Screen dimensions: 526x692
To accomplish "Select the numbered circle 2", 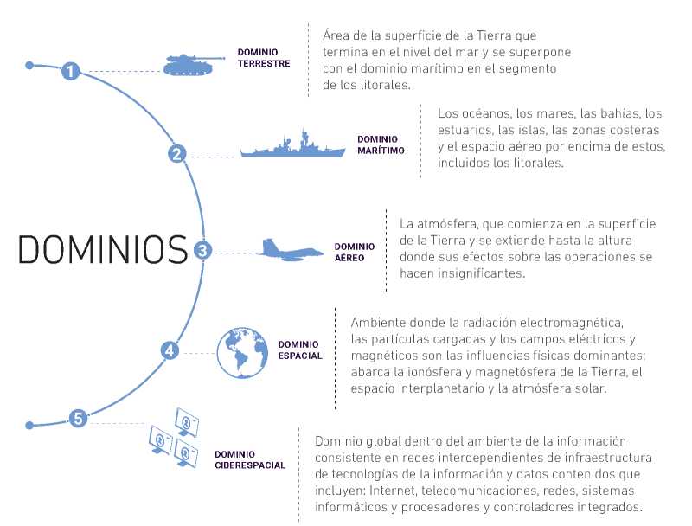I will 176,155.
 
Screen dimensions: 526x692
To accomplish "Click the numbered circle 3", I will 202,251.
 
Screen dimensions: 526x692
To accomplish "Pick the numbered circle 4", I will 170,350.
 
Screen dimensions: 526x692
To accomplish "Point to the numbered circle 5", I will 78,419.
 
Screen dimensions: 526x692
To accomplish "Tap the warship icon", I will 289,145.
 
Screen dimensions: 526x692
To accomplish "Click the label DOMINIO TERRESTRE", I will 263,58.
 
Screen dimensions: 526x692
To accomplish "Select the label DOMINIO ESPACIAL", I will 299,350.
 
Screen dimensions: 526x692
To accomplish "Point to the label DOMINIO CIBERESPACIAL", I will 249,459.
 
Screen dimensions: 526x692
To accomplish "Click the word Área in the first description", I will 337,35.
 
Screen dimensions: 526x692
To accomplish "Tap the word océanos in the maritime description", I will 484,113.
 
